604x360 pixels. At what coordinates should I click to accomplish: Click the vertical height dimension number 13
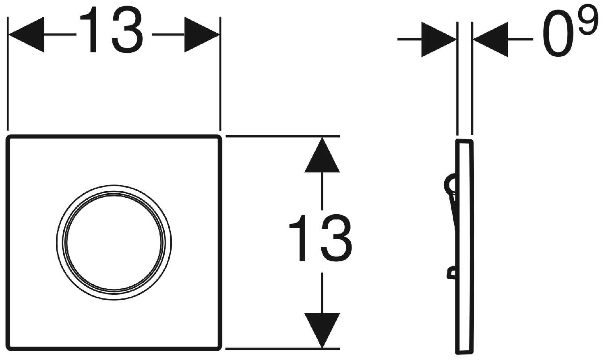(321, 238)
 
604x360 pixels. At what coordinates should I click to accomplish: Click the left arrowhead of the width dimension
(26, 35)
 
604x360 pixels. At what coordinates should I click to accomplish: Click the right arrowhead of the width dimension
(201, 35)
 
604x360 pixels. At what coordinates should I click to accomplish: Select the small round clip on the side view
(450, 184)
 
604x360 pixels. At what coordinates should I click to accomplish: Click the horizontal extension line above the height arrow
(282, 136)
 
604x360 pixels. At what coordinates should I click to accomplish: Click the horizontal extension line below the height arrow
(282, 348)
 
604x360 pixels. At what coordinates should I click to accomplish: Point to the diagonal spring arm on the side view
(453, 213)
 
